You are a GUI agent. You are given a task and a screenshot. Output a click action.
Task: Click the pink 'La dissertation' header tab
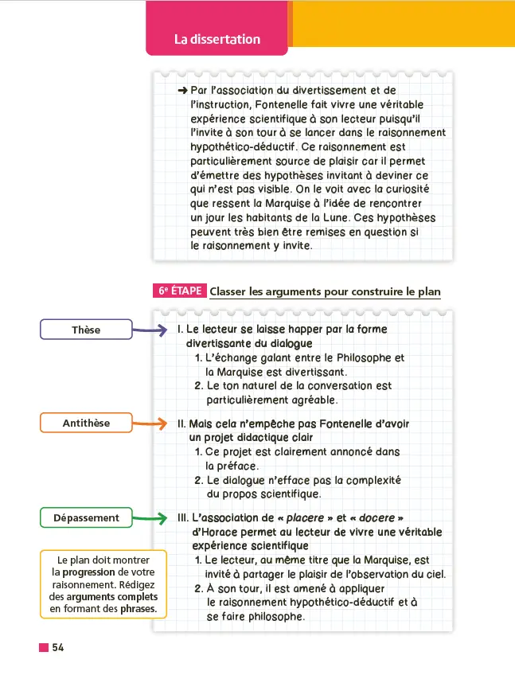(217, 39)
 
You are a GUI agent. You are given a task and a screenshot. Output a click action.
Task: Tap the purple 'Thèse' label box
(86, 330)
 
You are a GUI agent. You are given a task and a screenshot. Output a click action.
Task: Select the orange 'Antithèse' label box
(86, 423)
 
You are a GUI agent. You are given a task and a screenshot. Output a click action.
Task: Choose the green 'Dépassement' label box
(86, 518)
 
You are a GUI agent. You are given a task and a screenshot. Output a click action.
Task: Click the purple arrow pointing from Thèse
(149, 330)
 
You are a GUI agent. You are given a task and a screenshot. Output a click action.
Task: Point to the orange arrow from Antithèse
(149, 423)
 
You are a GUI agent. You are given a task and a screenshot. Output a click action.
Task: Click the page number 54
(58, 648)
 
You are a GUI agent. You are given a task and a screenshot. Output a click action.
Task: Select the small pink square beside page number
(44, 648)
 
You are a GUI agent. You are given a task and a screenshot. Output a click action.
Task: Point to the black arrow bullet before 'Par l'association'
(182, 91)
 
